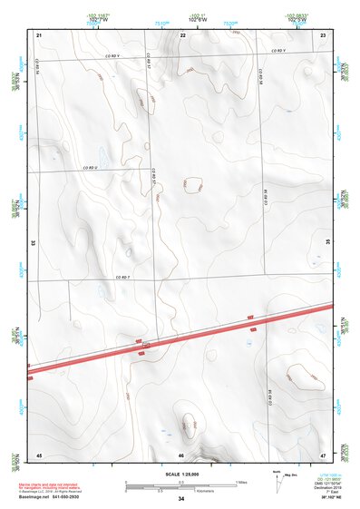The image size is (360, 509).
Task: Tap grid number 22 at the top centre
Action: click(x=182, y=34)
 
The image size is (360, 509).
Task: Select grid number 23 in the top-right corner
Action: click(x=324, y=34)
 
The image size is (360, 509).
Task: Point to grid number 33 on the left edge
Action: click(x=34, y=243)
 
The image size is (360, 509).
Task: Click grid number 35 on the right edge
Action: click(x=328, y=243)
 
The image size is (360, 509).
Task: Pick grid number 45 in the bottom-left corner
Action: click(x=39, y=454)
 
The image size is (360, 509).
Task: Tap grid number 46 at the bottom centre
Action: click(x=182, y=455)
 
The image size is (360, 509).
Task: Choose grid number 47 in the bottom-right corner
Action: click(x=324, y=454)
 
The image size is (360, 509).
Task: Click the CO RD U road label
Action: click(x=91, y=168)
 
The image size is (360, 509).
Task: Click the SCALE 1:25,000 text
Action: click(x=181, y=475)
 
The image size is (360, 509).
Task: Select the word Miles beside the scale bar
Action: click(x=243, y=481)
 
